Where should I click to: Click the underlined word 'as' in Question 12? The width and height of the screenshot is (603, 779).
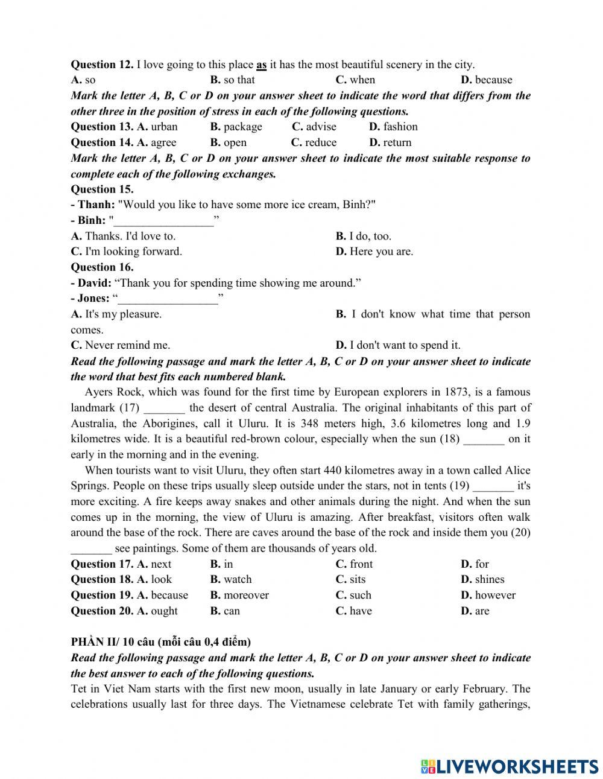coord(262,65)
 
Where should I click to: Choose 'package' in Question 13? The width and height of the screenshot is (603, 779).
coord(242,127)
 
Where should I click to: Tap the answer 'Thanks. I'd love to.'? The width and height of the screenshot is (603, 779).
coord(130,236)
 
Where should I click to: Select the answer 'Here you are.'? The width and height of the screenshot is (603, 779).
coord(380,252)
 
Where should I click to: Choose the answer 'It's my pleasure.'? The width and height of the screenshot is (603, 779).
coord(123,314)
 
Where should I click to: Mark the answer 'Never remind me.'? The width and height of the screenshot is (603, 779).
coord(127,345)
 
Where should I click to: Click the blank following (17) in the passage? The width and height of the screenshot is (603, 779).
coord(164,409)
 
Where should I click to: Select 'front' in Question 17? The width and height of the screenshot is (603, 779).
coord(361,564)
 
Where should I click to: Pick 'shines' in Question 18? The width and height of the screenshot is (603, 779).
coord(489,579)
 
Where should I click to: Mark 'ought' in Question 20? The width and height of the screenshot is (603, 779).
coord(163,611)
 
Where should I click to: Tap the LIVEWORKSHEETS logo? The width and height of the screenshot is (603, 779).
coord(510,766)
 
